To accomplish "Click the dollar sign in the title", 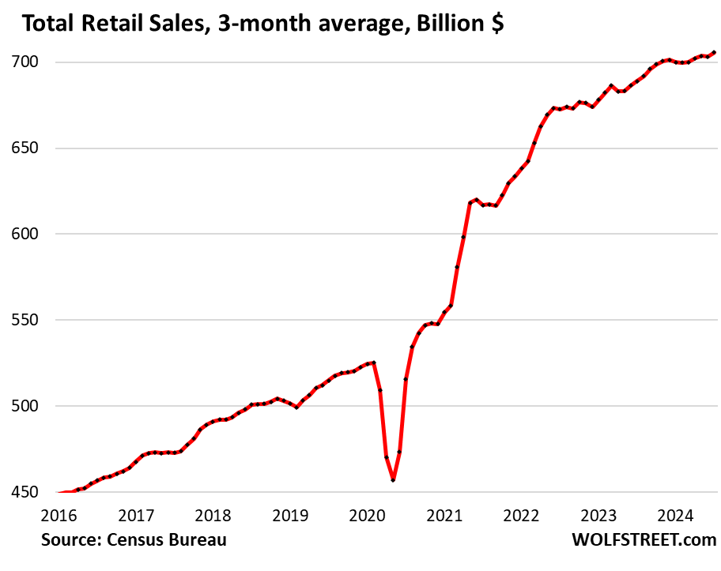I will pos(495,24).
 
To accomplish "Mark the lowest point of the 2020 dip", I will pos(393,480).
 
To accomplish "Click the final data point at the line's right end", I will pos(714,53).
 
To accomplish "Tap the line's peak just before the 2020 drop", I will pos(373,363).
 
